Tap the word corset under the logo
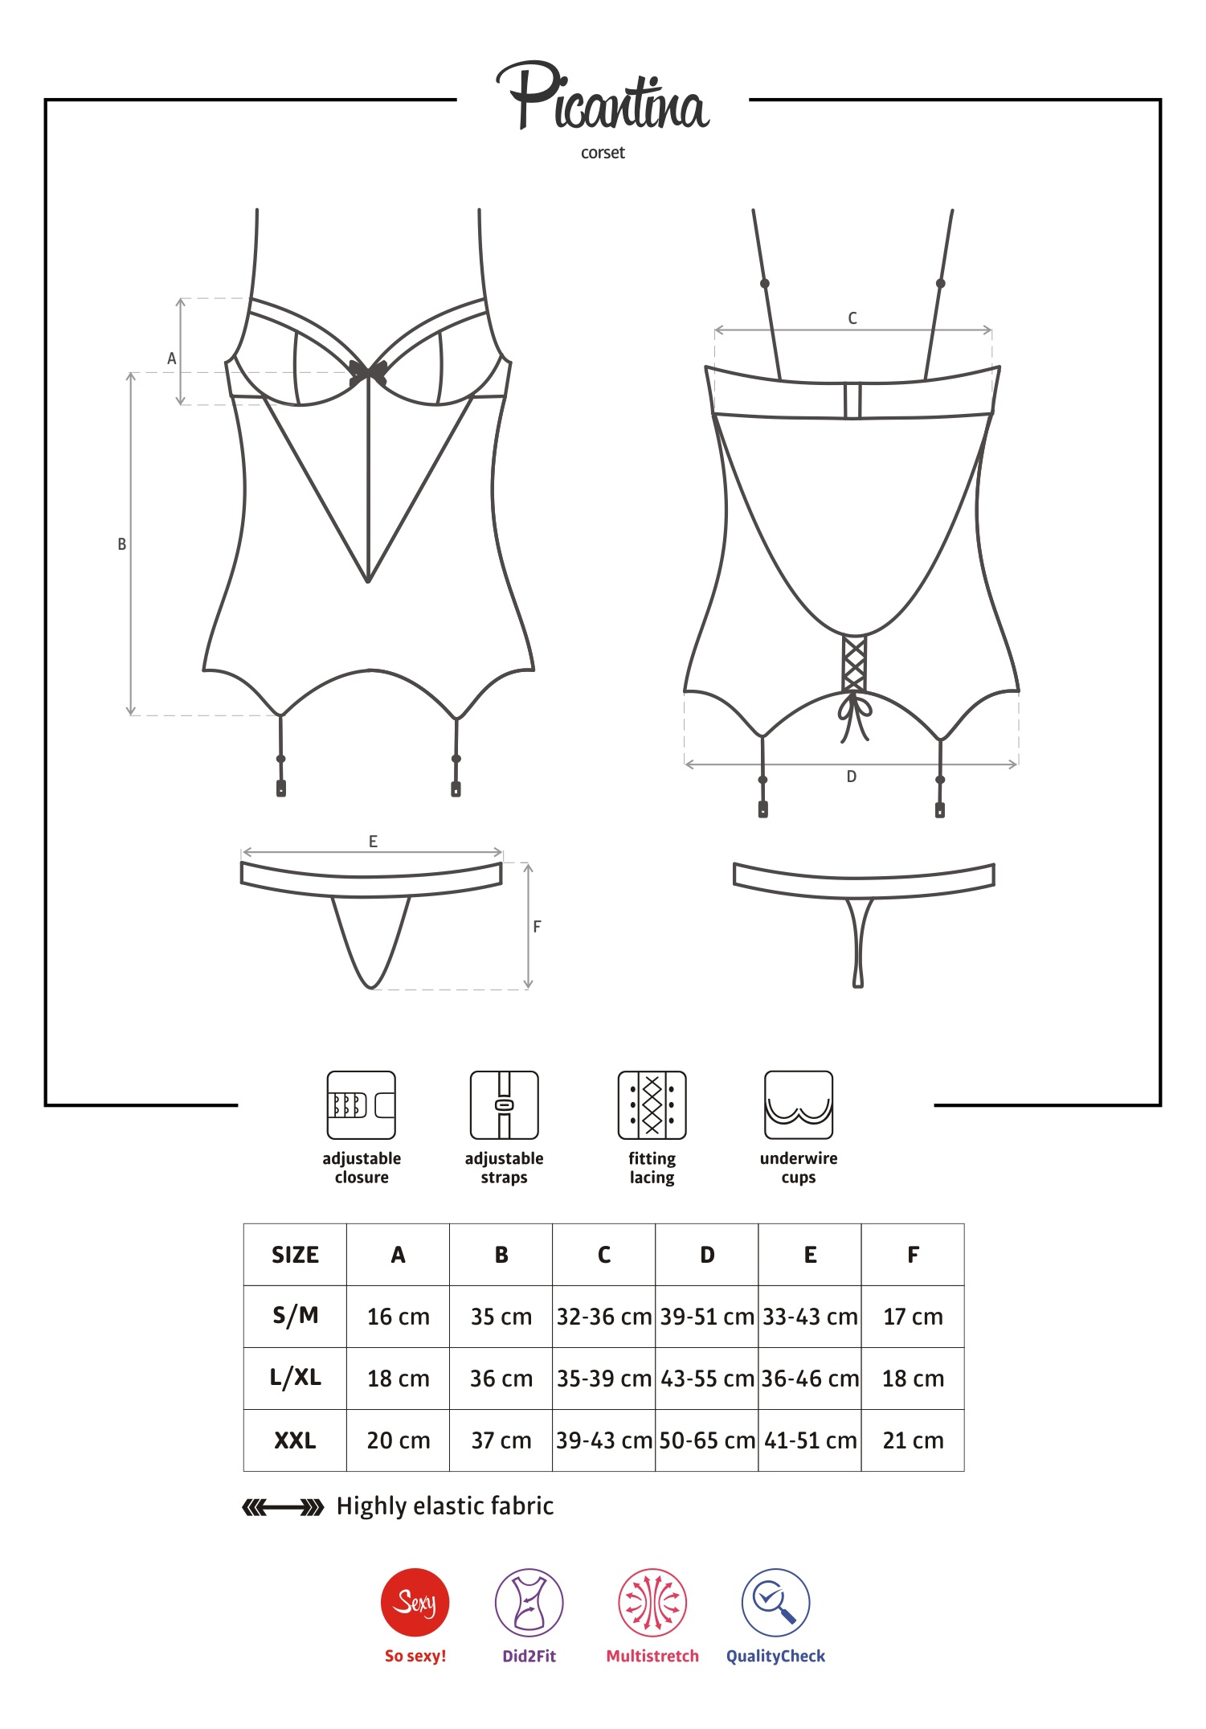(x=603, y=153)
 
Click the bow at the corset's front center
(x=368, y=372)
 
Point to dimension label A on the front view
(x=171, y=359)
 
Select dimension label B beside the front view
(x=122, y=544)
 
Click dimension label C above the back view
(x=852, y=318)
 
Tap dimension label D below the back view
(x=852, y=776)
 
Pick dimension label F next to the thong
(x=538, y=927)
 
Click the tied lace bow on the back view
(x=854, y=715)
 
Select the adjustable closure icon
(x=361, y=1105)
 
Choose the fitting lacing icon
(x=652, y=1105)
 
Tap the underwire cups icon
(x=799, y=1105)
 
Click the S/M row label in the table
(x=296, y=1316)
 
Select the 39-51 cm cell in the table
(x=707, y=1317)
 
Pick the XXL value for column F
(x=913, y=1440)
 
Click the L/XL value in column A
(x=399, y=1379)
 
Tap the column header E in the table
(x=810, y=1255)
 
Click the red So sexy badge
(x=415, y=1602)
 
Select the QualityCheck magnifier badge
(x=775, y=1602)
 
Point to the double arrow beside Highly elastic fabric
(x=283, y=1507)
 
